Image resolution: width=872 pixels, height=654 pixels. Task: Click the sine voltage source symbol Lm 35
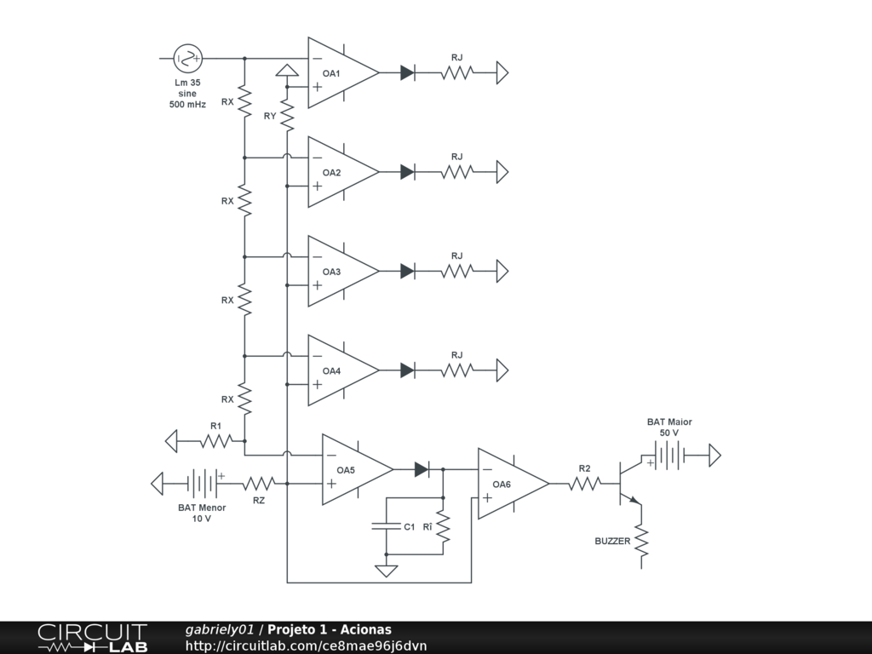click(x=187, y=58)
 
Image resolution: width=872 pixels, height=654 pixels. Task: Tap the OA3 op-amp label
click(x=331, y=272)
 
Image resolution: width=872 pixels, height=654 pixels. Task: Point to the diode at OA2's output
click(x=407, y=172)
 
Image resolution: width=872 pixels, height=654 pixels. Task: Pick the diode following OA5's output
click(x=422, y=470)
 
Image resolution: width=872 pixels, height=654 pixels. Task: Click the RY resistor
click(x=287, y=116)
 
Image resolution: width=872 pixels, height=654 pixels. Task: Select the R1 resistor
click(x=215, y=441)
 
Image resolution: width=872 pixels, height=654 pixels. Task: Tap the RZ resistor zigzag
click(x=259, y=484)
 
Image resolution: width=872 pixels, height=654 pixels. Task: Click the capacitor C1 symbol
click(x=387, y=526)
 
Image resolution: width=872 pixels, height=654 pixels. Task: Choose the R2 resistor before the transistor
click(x=584, y=484)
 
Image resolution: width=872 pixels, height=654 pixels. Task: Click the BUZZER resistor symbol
click(x=641, y=541)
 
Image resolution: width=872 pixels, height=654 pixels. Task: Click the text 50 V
click(x=669, y=433)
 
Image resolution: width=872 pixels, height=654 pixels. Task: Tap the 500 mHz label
click(x=187, y=105)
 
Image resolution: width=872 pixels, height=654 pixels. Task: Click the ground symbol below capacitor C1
click(x=386, y=571)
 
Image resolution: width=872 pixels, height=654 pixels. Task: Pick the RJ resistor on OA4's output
click(x=457, y=370)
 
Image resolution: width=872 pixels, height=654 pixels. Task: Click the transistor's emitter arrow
click(x=634, y=500)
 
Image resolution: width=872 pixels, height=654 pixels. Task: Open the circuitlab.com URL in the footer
click(x=306, y=645)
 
